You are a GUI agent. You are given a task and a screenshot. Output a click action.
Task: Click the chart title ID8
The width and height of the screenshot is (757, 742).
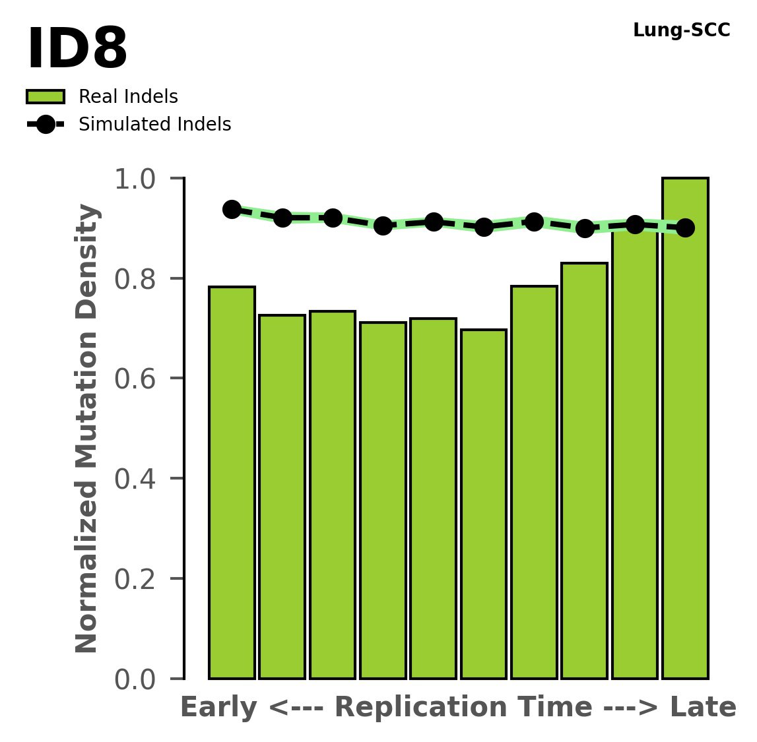click(x=77, y=49)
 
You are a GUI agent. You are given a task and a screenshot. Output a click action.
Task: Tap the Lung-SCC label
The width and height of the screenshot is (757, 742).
click(x=681, y=30)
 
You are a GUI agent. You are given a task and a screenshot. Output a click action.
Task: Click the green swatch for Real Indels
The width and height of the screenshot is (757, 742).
click(x=46, y=97)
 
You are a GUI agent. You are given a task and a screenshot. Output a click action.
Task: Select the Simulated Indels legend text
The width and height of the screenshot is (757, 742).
click(x=154, y=125)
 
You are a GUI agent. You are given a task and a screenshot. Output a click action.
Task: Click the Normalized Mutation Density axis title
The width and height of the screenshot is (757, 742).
click(x=87, y=428)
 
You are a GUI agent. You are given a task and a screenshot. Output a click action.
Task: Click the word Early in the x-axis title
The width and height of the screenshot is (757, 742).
click(x=218, y=708)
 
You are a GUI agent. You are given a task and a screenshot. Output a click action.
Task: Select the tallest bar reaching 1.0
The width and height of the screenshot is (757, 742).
click(x=685, y=429)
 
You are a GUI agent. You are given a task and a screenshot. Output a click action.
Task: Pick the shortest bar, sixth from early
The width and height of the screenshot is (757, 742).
click(x=484, y=504)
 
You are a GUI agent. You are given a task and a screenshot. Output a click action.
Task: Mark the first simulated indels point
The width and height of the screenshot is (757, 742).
click(x=232, y=210)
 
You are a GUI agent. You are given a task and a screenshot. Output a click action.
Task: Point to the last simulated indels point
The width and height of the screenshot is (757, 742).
click(x=685, y=228)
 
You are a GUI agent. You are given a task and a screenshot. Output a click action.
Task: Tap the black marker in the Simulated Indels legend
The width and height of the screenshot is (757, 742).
click(x=46, y=125)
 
